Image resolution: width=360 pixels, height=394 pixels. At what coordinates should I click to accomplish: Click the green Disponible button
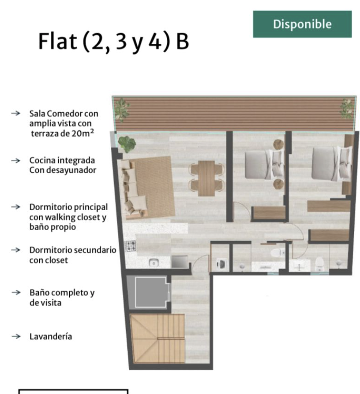pos(302,24)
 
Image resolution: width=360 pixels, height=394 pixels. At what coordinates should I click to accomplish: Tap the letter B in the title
pos(182,42)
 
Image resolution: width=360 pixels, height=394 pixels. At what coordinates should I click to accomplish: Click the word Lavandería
pos(51,336)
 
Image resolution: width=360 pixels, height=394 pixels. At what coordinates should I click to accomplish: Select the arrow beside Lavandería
pos(16,336)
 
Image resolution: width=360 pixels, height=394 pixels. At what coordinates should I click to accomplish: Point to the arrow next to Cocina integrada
pos(16,160)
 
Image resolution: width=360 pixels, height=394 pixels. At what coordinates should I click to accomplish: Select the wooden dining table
pos(206,178)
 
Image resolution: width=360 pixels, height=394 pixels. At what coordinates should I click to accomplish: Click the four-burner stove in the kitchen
pos(131,246)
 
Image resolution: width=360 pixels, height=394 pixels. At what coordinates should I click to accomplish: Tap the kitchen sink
pos(154,263)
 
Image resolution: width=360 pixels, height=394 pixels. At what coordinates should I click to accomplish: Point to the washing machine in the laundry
pos(221,264)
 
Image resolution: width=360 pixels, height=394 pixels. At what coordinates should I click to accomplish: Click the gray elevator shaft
pos(150,292)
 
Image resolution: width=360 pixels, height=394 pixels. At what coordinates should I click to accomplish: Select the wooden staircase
pos(157,338)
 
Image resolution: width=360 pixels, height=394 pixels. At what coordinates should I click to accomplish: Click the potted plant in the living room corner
pos(127,144)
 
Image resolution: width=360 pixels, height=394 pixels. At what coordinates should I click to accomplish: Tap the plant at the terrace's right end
pos(347,109)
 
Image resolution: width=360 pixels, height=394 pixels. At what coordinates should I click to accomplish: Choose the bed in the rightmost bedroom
pos(331,163)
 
